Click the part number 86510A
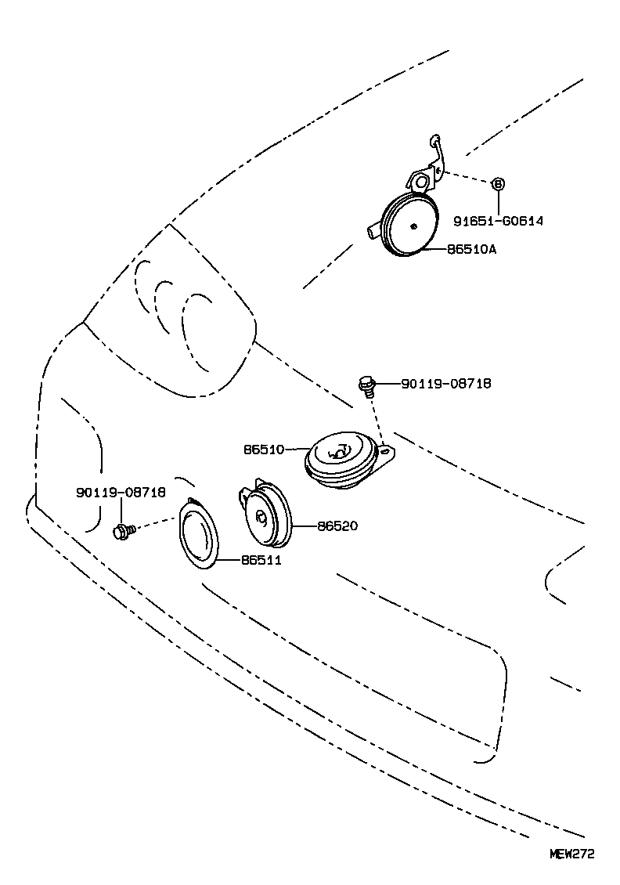(472, 250)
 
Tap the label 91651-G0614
(498, 222)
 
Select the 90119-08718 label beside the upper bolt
(446, 384)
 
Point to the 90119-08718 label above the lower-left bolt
(121, 492)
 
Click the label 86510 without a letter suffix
(263, 450)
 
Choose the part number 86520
(337, 526)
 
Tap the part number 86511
(261, 560)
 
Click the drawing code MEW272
(571, 854)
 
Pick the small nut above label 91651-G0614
(498, 184)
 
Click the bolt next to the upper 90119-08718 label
(366, 384)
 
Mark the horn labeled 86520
(265, 517)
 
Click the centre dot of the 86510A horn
(414, 227)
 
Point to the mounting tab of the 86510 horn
(387, 452)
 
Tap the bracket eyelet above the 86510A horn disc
(422, 182)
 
